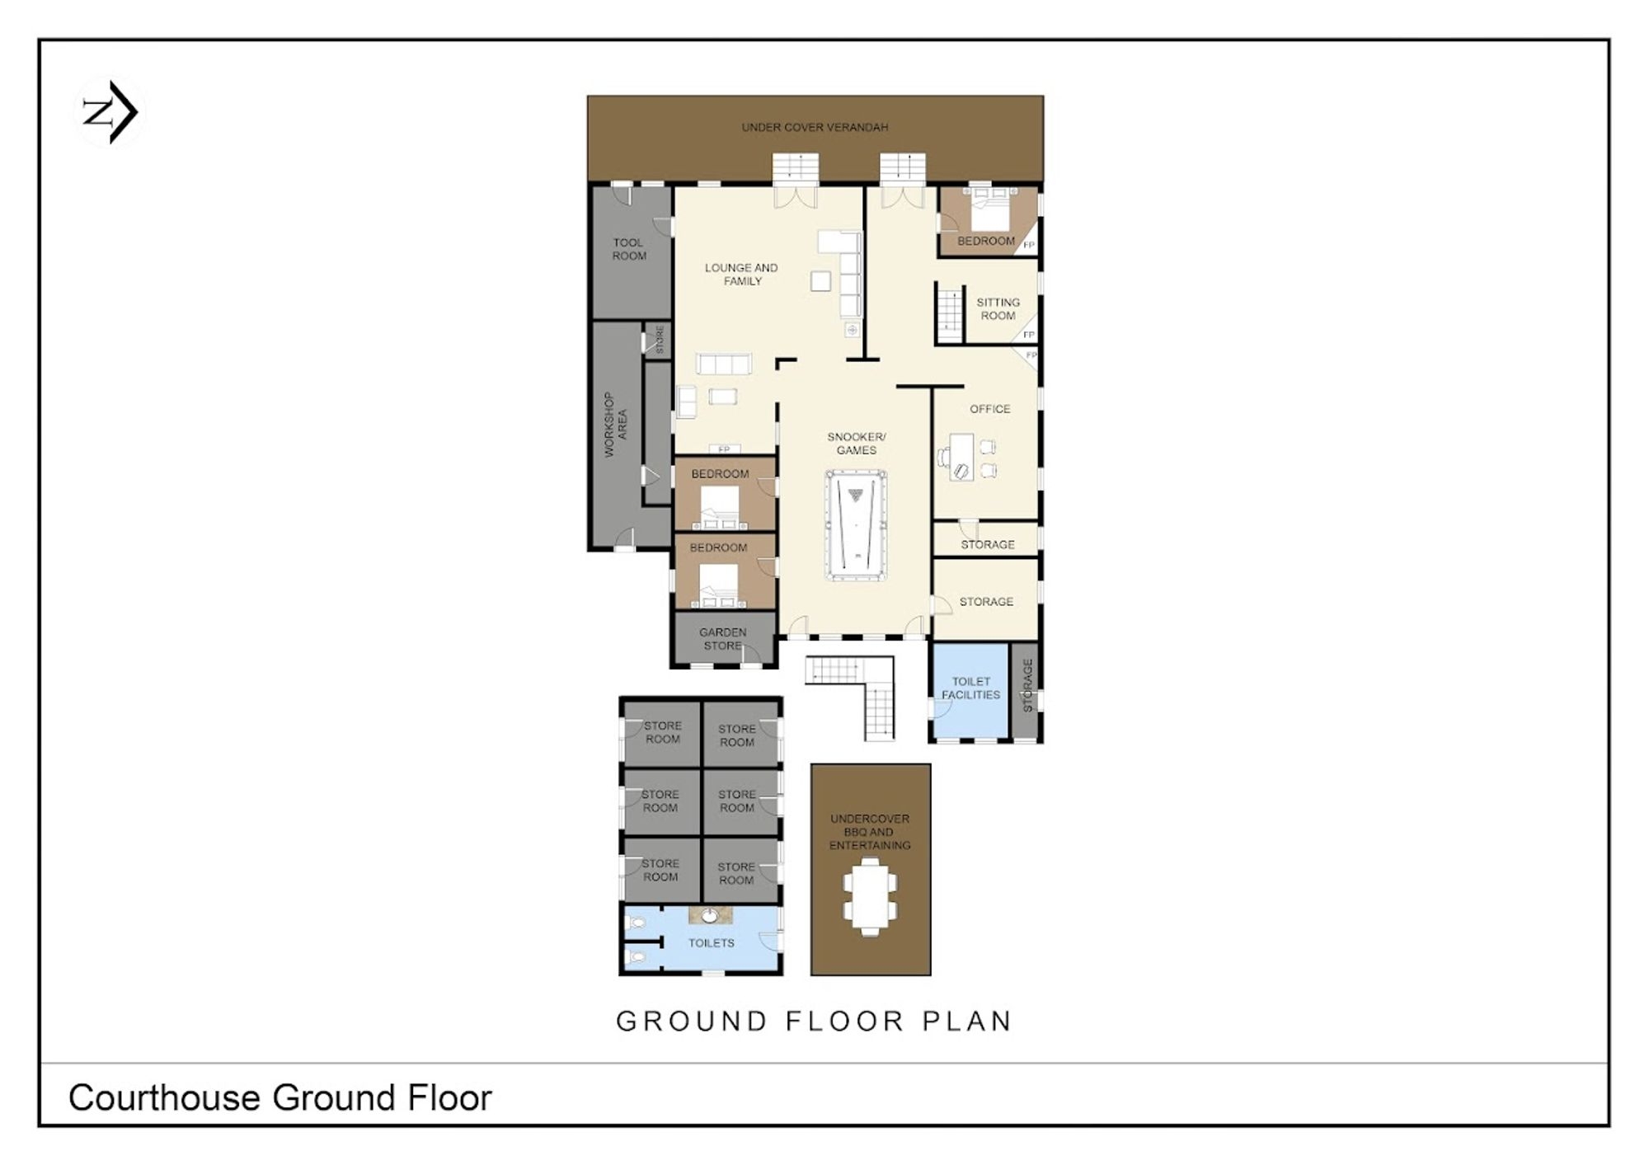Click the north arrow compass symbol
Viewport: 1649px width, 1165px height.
[110, 112]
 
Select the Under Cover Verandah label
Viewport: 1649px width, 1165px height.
[815, 127]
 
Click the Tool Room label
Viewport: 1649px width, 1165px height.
[629, 249]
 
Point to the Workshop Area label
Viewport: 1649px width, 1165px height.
[615, 424]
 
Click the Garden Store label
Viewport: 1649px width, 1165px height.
[723, 639]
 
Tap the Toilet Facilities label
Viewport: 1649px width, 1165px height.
[970, 688]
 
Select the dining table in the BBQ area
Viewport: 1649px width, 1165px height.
[870, 897]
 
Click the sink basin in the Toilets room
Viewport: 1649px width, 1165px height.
[709, 915]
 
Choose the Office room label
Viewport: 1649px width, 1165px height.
[989, 409]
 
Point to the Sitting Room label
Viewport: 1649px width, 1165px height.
[998, 309]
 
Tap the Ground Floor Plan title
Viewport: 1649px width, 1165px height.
[814, 1021]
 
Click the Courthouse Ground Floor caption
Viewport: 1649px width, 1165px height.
[280, 1097]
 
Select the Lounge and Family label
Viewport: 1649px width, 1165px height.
[741, 275]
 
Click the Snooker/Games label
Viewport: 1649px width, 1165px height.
[857, 444]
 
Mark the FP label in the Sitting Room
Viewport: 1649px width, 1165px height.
[1028, 335]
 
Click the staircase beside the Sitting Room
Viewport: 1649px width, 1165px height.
[951, 313]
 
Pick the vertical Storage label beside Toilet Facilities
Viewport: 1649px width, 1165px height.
[1027, 686]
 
